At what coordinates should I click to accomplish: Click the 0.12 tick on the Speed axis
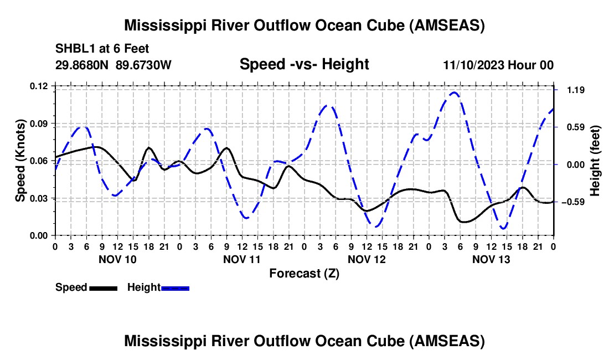(x=39, y=86)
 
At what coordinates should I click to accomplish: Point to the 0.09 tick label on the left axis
(x=39, y=123)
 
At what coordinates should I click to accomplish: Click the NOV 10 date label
(x=117, y=259)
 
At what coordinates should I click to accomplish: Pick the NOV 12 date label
(x=367, y=259)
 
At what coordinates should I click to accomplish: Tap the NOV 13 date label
(x=491, y=259)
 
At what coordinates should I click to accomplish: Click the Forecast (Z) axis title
(x=304, y=273)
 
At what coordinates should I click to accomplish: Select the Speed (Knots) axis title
(x=20, y=161)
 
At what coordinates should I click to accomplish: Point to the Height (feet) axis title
(x=595, y=161)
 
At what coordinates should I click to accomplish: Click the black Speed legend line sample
(x=104, y=287)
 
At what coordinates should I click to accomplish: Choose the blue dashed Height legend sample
(x=176, y=287)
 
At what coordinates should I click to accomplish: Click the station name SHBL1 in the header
(x=72, y=49)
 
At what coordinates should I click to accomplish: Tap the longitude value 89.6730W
(x=144, y=65)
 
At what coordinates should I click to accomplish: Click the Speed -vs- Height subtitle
(x=304, y=64)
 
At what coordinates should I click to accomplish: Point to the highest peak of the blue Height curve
(x=454, y=92)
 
